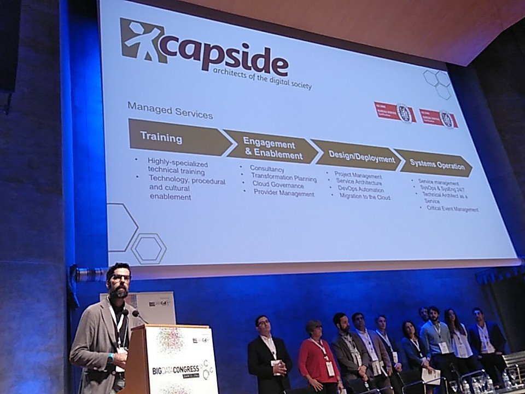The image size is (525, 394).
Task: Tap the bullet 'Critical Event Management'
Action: coord(452,209)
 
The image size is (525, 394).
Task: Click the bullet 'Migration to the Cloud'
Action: coord(365,196)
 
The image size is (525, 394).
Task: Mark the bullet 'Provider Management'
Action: coord(284,194)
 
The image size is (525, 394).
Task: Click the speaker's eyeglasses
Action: coord(120,277)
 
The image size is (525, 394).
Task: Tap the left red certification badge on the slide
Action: coord(394,112)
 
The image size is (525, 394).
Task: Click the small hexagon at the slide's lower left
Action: coord(148,248)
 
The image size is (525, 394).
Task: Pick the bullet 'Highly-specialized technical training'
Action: coord(176,166)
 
